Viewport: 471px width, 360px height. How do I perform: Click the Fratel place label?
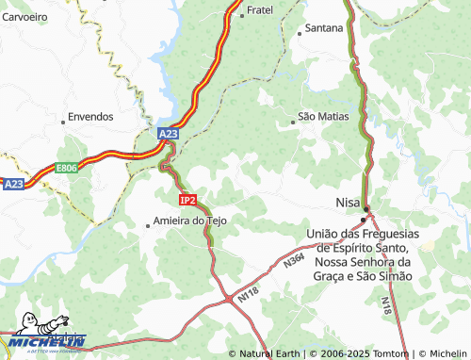point(258,11)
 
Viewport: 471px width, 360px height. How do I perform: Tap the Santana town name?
point(324,28)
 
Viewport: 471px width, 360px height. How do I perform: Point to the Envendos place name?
point(91,117)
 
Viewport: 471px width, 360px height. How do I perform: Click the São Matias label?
point(323,117)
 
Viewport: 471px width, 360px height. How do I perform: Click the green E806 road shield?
point(66,168)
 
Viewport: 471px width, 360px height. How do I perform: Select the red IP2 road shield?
point(187,200)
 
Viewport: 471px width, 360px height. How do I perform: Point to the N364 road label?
point(294,260)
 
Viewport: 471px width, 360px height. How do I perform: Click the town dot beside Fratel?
point(240,11)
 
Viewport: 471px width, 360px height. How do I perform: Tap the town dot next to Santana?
point(300,29)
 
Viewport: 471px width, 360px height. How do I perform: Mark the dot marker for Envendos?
point(63,118)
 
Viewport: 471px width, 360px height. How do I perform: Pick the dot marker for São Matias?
point(292,118)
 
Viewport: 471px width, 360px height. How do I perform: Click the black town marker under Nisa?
point(364,219)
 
